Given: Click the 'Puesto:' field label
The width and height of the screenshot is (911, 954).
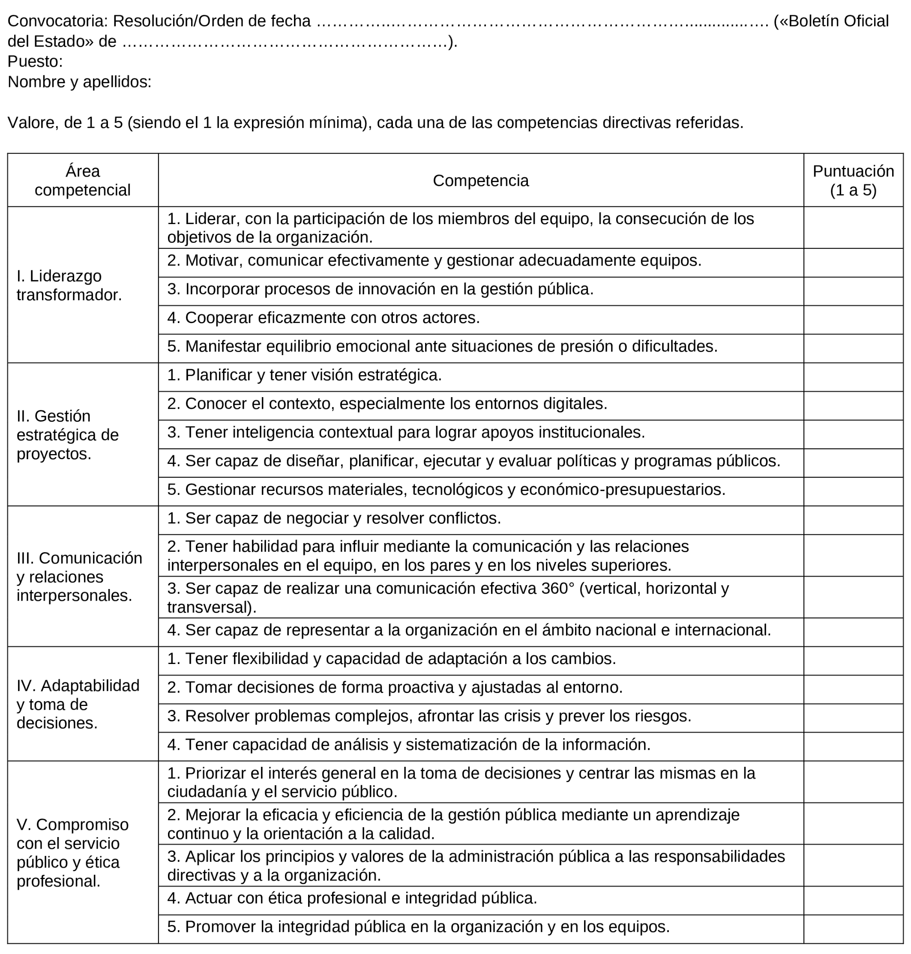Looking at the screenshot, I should [35, 62].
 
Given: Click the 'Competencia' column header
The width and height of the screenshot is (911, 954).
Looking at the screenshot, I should [480, 181].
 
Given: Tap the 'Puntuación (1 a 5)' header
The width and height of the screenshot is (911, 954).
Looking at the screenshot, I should [853, 181].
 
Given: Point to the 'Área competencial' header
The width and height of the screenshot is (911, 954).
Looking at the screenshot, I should [83, 181].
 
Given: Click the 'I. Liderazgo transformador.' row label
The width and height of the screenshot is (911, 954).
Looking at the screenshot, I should [69, 285].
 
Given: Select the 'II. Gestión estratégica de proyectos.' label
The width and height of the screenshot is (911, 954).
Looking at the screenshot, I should [68, 435].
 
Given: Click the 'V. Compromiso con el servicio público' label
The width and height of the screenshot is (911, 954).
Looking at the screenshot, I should [72, 853].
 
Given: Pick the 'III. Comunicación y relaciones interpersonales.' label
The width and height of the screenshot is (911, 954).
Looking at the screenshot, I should [79, 577].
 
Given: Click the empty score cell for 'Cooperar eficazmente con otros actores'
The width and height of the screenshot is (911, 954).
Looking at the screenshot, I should [853, 320].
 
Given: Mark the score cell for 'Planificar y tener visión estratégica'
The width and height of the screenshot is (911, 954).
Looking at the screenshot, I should [853, 377].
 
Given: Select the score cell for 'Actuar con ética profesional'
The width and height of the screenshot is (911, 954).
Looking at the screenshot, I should [853, 900].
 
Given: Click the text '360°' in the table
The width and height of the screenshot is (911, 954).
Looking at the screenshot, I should [557, 589].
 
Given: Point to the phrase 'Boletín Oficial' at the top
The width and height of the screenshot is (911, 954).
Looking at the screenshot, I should [839, 21].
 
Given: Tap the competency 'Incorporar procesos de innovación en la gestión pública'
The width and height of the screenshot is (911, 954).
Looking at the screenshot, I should [380, 289].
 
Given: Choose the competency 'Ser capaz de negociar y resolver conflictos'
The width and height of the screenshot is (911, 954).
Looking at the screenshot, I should [334, 518].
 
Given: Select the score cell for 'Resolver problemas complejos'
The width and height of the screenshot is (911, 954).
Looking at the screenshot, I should [853, 718].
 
